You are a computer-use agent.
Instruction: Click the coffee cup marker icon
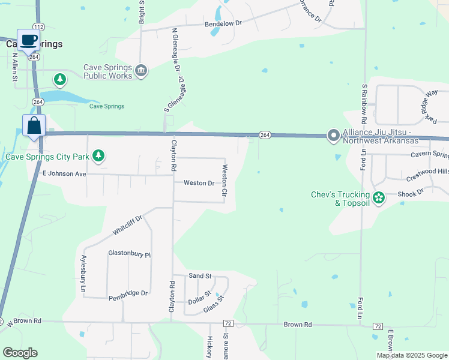(x=29, y=40)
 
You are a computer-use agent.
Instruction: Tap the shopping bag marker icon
(x=34, y=126)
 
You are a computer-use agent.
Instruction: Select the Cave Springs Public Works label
(x=108, y=72)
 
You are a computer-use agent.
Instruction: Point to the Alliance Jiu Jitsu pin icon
(x=333, y=136)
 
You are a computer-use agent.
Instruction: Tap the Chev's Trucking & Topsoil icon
(x=379, y=197)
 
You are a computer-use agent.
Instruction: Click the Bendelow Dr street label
(x=223, y=23)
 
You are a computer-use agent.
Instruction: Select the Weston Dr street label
(x=199, y=183)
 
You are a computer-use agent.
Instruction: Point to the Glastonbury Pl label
(x=129, y=254)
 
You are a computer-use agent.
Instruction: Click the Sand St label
(x=200, y=276)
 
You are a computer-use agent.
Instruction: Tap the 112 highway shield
(x=39, y=26)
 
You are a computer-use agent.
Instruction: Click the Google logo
(x=20, y=353)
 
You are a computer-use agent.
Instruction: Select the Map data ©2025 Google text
(x=412, y=355)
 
